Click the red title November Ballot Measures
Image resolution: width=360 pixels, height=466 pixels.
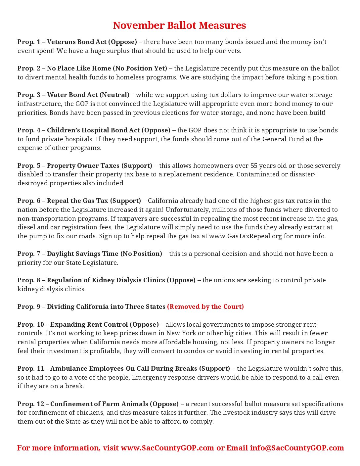(179, 25)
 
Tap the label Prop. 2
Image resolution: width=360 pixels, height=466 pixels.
(29, 69)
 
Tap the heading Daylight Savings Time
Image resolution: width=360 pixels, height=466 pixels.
(82, 254)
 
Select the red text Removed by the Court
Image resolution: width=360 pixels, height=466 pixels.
(205, 307)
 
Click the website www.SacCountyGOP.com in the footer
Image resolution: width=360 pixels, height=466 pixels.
(167, 448)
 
